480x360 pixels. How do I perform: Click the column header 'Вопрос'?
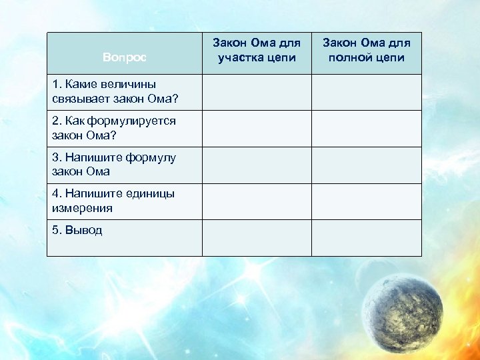coord(124,57)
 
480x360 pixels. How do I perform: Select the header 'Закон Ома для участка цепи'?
coord(257,50)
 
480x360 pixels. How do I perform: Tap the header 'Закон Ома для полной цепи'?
coord(367,50)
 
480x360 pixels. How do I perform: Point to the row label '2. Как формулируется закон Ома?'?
coord(113,128)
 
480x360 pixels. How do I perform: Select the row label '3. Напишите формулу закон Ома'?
coord(113,165)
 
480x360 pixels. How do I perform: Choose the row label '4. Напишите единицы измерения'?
coord(112,201)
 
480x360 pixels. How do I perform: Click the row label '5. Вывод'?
coord(77,231)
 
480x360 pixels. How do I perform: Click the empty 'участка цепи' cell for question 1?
coord(257,92)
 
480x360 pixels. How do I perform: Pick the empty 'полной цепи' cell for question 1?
coord(367,92)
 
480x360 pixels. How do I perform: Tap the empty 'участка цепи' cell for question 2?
coord(257,128)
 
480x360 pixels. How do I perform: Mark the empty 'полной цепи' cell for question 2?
coord(367,128)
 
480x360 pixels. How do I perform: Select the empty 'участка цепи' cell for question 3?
coord(257,165)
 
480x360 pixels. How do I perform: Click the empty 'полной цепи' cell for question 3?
coord(367,165)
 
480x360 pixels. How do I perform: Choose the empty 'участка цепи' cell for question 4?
coord(257,201)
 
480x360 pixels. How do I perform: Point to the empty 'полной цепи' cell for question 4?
coord(367,201)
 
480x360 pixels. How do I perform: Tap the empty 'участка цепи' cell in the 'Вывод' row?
coord(257,237)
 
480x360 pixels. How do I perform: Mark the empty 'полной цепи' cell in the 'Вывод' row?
coord(367,237)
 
